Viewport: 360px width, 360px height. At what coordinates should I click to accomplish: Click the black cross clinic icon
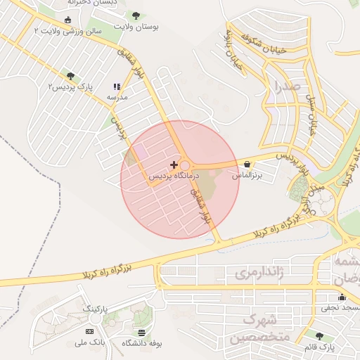coord(174,165)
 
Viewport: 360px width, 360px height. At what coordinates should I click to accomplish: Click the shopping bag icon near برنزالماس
coord(246,165)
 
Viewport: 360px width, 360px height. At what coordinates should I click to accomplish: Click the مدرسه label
coord(117,97)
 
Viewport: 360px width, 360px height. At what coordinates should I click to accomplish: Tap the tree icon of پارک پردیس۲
coord(70,75)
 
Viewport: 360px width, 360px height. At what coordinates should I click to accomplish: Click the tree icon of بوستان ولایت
coord(135,15)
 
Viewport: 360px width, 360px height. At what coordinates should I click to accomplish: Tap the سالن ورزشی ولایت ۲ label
coord(67,31)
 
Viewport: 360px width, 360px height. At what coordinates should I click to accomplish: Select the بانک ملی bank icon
coord(89,331)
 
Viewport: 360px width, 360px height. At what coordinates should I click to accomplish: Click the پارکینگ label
coord(96,309)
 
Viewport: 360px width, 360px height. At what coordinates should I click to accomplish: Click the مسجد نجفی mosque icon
coord(342,297)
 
